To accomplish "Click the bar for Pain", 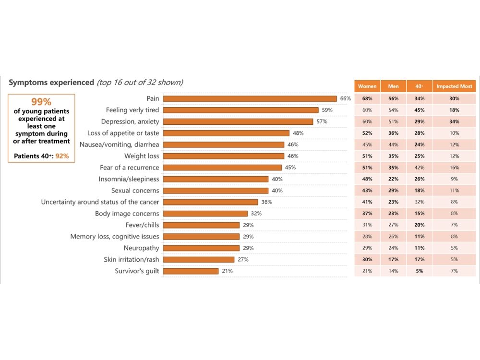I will point(250,98).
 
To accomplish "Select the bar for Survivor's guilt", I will point(191,271).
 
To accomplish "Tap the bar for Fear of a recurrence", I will point(222,168).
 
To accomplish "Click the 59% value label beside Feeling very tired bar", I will point(327,110).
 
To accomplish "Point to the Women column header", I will point(367,86).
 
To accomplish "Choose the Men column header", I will point(393,86).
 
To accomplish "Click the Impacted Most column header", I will point(454,86).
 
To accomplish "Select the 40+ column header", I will point(419,86).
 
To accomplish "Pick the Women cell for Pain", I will point(367,98).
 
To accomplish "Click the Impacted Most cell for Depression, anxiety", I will point(454,121).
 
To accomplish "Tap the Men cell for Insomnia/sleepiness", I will point(393,179).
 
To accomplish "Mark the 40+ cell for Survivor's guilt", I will point(419,271).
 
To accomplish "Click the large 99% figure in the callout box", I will point(41,102).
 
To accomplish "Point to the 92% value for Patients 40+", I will point(62,156).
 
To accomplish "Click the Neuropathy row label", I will point(141,248).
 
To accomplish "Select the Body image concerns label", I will point(127,214).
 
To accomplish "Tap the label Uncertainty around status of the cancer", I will point(100,202).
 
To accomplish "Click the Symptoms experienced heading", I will point(51,83).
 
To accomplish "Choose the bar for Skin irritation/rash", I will point(199,260).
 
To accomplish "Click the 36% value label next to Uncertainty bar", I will point(266,202).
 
